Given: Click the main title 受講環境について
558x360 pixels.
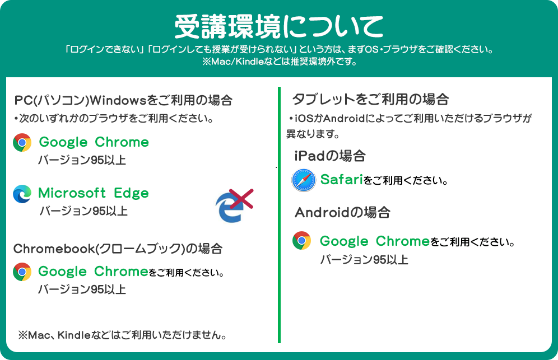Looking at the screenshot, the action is click(278, 26).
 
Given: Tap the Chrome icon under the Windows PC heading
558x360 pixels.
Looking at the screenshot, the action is click(22, 143).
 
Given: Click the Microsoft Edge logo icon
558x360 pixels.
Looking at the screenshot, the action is click(22, 194).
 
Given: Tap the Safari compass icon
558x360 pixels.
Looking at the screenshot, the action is click(304, 180).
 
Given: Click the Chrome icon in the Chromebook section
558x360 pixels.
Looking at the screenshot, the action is click(22, 272).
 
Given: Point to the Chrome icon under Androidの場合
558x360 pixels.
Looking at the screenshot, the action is click(302, 241).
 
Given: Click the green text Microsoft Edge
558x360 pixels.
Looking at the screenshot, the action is click(94, 193).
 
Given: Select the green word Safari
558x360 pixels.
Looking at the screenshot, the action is click(341, 179).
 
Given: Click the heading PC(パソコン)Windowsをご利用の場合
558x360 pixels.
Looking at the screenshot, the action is click(123, 100).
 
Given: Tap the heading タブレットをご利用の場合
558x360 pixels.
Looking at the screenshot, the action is click(370, 99).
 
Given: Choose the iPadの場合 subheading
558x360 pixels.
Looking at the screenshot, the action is click(330, 156).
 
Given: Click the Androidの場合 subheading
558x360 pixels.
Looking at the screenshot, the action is click(342, 212).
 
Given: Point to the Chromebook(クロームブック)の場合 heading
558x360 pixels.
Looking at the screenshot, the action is click(118, 249).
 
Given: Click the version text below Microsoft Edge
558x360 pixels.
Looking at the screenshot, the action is click(83, 211).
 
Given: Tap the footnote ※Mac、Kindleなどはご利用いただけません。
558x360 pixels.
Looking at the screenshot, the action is click(123, 335).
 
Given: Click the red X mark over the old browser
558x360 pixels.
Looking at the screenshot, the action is click(241, 199).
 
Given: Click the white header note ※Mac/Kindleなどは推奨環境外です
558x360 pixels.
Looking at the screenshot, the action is click(280, 62).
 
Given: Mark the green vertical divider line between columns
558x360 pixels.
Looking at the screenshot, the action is click(280, 215).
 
